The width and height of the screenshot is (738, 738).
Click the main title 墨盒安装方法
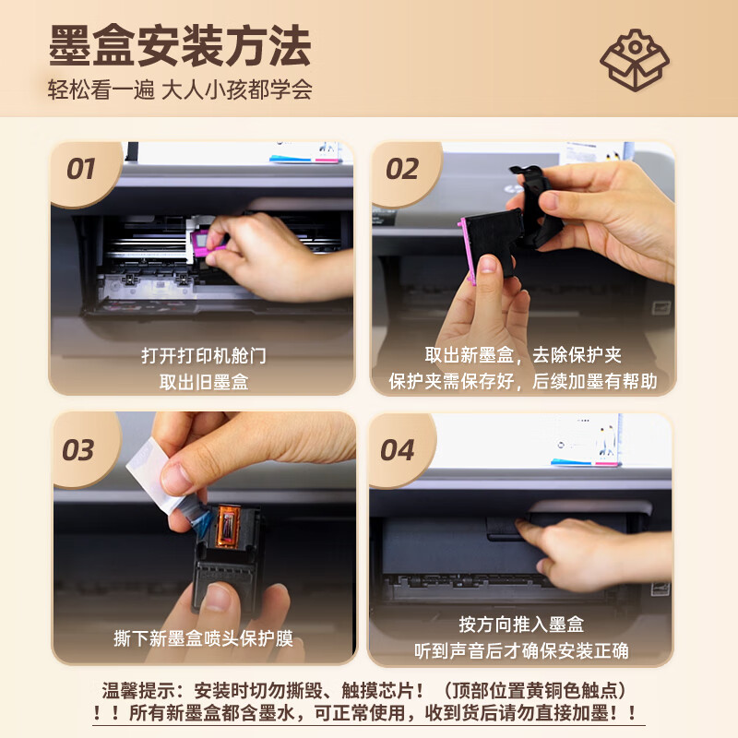point(179,46)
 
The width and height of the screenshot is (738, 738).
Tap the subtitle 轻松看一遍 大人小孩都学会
point(180,90)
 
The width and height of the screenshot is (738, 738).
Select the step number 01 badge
point(81,170)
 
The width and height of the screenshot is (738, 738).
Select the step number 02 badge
point(402,170)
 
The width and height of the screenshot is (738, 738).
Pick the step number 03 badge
point(78,450)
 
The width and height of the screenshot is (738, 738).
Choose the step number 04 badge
point(398,450)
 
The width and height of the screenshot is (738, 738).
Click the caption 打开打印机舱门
point(203,355)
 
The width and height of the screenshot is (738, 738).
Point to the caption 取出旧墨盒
point(203,381)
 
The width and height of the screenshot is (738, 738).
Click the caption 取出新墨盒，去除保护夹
point(522,355)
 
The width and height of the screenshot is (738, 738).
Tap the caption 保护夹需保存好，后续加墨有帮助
point(522,381)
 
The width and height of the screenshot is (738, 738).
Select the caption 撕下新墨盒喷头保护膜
point(203,638)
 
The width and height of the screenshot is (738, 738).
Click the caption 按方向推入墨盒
point(521,625)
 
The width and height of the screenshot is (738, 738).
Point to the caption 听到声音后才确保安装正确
point(521,650)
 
